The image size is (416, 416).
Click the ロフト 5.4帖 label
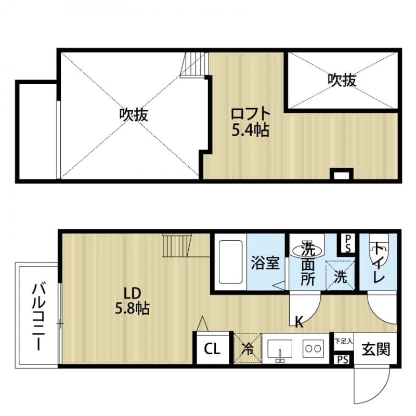[250, 121]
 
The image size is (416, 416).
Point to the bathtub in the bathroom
[229, 262]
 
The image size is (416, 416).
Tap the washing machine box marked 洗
[340, 274]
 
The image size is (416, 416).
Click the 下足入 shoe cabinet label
[343, 341]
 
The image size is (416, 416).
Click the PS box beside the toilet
[347, 242]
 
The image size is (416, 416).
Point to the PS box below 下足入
[343, 359]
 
